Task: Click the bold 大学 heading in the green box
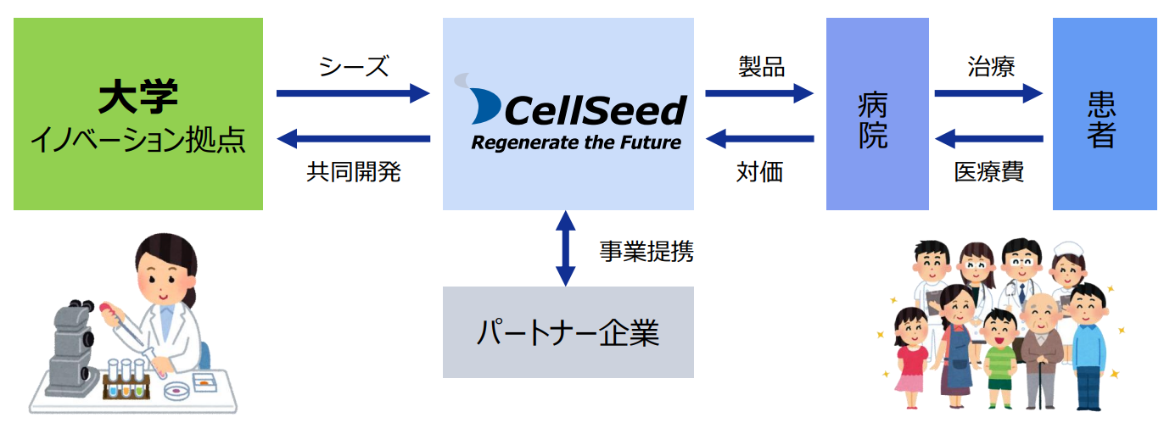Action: [x=138, y=97]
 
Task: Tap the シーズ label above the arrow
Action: [x=353, y=67]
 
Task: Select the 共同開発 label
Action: [x=353, y=172]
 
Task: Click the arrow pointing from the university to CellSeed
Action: [x=353, y=93]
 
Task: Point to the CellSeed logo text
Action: [x=596, y=110]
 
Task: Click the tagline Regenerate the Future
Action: [x=576, y=142]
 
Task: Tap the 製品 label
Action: [x=761, y=67]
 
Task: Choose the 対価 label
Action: [x=759, y=172]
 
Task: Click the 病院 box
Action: [x=877, y=114]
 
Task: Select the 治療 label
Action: [x=991, y=67]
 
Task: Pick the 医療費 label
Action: [x=989, y=172]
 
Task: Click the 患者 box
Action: [x=1105, y=114]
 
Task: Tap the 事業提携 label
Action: [x=646, y=252]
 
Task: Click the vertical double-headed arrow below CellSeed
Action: [x=565, y=248]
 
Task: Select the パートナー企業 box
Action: [x=568, y=332]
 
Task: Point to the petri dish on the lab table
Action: [x=177, y=390]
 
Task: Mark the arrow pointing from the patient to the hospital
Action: [x=989, y=138]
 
